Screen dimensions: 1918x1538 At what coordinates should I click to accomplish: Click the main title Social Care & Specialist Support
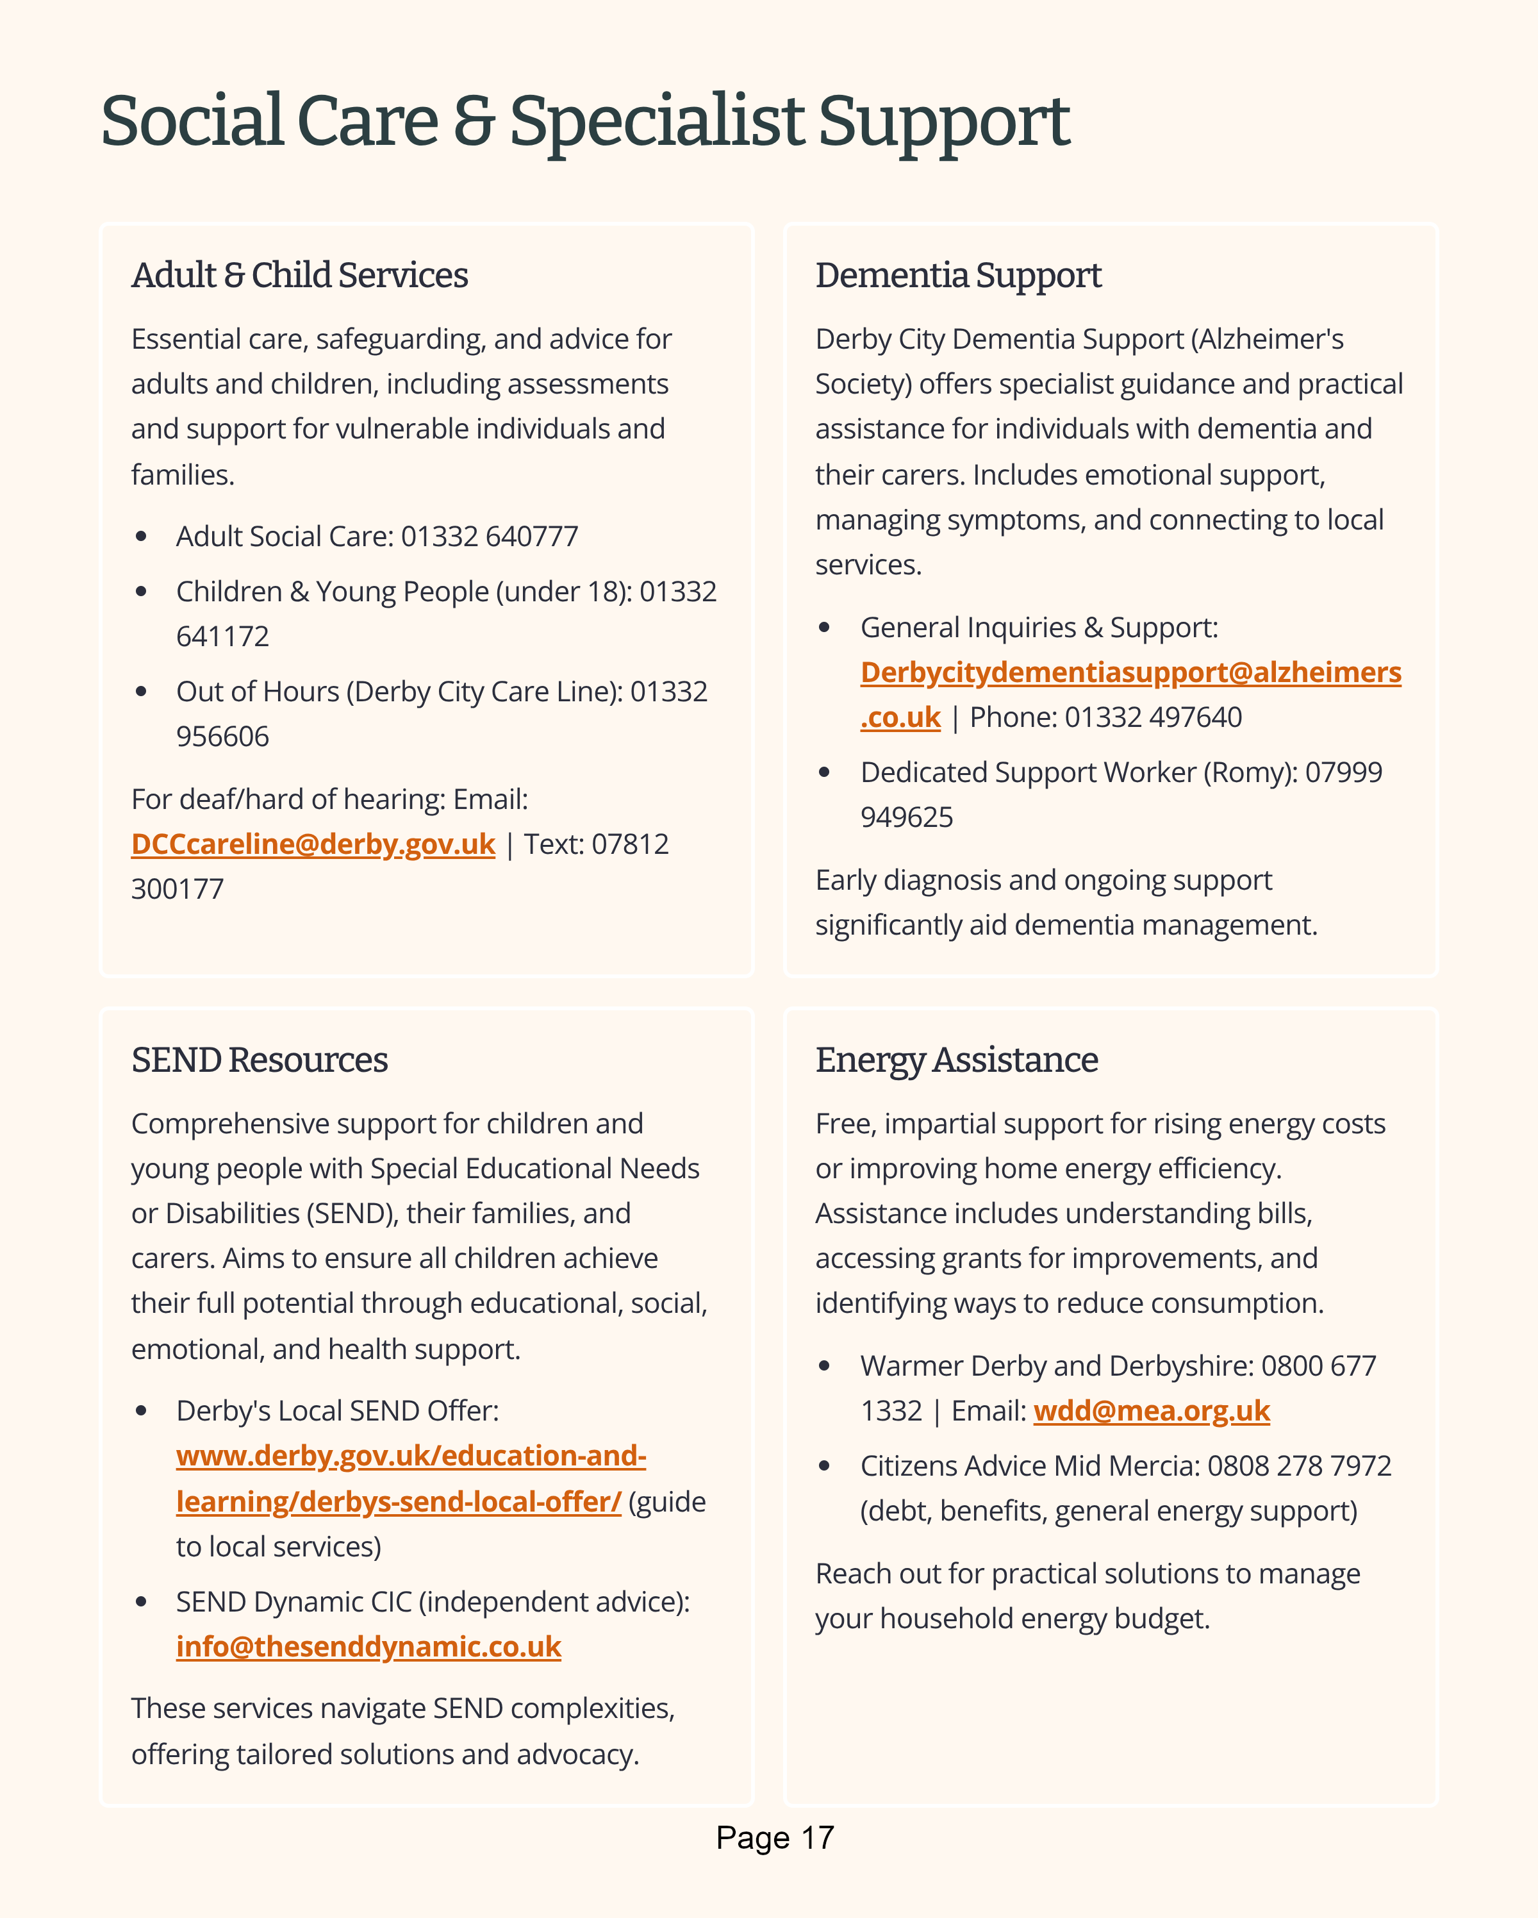coord(584,122)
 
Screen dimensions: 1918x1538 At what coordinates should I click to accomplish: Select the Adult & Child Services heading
coord(300,276)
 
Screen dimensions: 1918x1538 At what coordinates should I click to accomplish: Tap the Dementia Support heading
coord(958,276)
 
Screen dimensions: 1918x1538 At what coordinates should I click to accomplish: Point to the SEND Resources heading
coord(259,1060)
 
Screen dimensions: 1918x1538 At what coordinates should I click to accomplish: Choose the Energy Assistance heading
coord(956,1060)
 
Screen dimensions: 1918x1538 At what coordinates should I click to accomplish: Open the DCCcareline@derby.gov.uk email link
coord(313,844)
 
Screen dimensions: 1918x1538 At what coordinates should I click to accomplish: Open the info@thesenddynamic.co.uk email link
coord(368,1647)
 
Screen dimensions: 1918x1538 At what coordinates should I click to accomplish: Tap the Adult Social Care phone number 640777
coord(532,537)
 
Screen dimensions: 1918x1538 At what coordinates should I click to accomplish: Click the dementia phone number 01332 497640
coord(1153,717)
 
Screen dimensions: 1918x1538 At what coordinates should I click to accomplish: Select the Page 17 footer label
coord(775,1838)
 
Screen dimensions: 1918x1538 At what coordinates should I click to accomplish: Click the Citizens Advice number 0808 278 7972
coord(1299,1466)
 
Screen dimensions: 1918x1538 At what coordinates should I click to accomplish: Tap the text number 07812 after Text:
coord(630,844)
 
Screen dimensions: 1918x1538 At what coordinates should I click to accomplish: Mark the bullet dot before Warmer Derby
coord(825,1365)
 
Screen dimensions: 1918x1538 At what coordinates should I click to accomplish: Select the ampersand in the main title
coord(474,122)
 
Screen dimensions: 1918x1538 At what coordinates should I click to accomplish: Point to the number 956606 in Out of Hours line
coord(222,737)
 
